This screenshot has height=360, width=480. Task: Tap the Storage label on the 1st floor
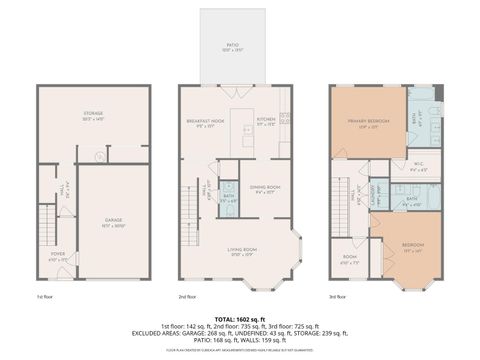[x=93, y=116]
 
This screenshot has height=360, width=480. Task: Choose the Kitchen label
[x=265, y=123]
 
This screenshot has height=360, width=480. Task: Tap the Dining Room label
[x=264, y=188]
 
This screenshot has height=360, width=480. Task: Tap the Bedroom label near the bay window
[x=411, y=246]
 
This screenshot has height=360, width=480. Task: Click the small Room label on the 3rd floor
[x=350, y=259]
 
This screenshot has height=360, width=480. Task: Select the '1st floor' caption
[x=46, y=296]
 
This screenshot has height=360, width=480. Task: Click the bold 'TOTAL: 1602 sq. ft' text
[x=240, y=316]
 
